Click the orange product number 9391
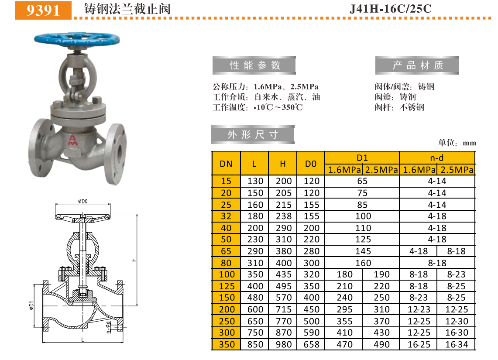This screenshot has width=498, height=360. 43,10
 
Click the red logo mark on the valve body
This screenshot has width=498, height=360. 72,139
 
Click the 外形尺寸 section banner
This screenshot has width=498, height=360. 253,135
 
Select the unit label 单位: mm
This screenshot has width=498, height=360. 457,143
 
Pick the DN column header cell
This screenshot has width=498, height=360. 226,164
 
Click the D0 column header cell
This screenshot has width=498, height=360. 310,164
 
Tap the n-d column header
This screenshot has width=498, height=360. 436,158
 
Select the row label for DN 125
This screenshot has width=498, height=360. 227,286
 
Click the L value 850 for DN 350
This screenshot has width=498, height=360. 255,345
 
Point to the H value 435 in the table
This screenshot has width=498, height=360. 283,274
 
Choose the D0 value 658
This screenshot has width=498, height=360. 311,345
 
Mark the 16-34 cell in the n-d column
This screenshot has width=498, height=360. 456,345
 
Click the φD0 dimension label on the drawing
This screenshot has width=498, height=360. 83,201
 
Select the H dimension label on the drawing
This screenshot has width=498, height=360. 135,260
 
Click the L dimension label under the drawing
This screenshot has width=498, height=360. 82,339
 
